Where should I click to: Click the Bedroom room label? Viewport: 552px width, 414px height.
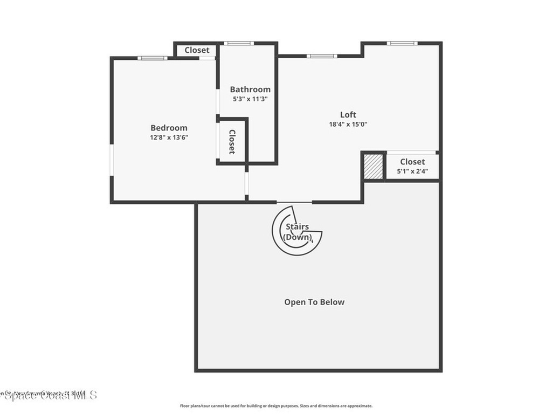169,128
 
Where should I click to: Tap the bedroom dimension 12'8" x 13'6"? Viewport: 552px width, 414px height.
169,137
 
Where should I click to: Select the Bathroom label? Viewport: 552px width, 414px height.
250,89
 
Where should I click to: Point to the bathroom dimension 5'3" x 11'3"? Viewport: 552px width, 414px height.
250,99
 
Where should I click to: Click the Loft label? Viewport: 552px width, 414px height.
348,114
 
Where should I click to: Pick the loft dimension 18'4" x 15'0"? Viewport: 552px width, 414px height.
348,124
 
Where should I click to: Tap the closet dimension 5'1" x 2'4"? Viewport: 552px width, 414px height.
412,171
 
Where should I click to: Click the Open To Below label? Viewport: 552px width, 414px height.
314,302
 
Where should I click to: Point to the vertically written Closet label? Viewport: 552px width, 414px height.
232,142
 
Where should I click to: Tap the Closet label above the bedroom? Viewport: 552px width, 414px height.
197,50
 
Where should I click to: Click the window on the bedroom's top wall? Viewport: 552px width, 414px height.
152,58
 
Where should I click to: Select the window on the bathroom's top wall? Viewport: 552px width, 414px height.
239,43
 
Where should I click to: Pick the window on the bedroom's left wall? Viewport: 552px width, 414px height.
112,160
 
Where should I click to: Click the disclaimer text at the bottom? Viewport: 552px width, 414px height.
275,406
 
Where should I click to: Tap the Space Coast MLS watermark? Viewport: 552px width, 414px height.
49,395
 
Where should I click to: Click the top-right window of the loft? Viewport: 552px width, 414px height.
402,43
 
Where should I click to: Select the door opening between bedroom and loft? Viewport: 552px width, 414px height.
247,183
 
